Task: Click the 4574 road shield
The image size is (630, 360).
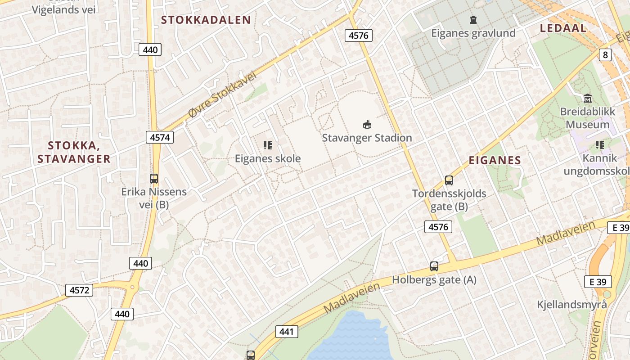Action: pyautogui.click(x=160, y=137)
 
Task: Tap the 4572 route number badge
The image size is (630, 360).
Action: pyautogui.click(x=79, y=290)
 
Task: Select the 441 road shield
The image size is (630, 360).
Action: pyautogui.click(x=286, y=332)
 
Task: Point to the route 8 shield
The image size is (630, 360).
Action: pyautogui.click(x=605, y=55)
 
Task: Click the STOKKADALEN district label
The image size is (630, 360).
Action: pyautogui.click(x=206, y=20)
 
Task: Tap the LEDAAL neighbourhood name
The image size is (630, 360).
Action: pyautogui.click(x=563, y=28)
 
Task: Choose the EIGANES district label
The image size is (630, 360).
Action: pyautogui.click(x=495, y=160)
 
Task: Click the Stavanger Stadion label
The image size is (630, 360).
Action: pyautogui.click(x=367, y=138)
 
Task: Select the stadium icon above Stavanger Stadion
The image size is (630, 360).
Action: pyautogui.click(x=367, y=124)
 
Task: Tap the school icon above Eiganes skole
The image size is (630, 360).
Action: pyautogui.click(x=268, y=145)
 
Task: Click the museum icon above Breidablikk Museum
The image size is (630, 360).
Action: pyautogui.click(x=587, y=98)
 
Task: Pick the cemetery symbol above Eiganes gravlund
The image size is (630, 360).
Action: pyautogui.click(x=473, y=20)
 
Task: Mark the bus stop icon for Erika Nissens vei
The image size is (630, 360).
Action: pyautogui.click(x=154, y=178)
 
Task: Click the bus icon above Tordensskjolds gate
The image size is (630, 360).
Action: pyautogui.click(x=449, y=180)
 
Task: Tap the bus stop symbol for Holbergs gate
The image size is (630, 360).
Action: pyautogui.click(x=434, y=266)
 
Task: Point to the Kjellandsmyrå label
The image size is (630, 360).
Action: pyautogui.click(x=571, y=305)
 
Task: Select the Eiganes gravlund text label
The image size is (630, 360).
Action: pyautogui.click(x=473, y=33)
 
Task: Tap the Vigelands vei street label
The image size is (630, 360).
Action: pyautogui.click(x=64, y=9)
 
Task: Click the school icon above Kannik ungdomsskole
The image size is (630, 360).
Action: pyautogui.click(x=599, y=145)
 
